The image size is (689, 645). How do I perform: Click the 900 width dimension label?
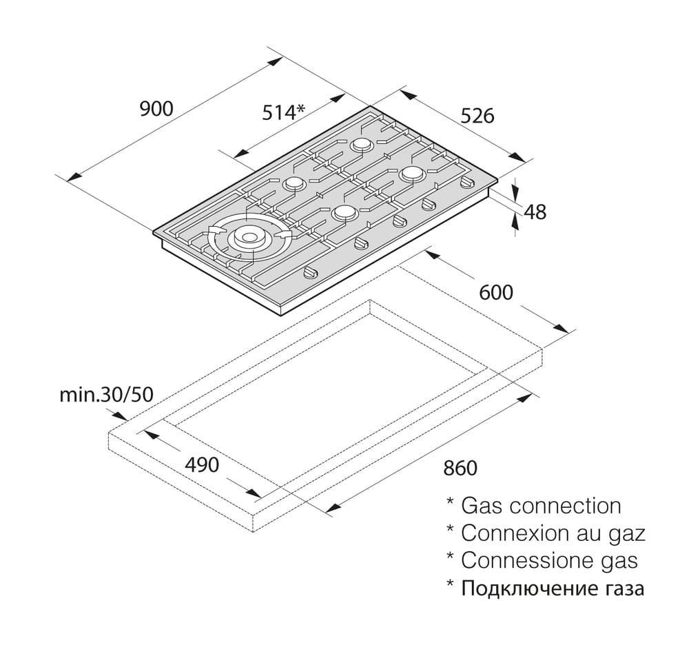156,108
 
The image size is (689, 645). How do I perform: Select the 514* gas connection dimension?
283,112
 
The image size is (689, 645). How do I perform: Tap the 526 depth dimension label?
477,116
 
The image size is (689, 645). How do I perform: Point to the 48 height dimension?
535,212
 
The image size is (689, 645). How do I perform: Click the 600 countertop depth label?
496,292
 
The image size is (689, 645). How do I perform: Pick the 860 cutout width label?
460,468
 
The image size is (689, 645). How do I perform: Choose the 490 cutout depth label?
202,465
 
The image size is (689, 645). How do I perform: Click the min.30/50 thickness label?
106,395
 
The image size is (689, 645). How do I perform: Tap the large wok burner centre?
247,237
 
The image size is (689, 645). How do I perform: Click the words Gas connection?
541,506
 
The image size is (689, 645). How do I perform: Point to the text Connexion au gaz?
553,533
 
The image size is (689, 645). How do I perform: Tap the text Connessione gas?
549,561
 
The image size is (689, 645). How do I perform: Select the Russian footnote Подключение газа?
553,588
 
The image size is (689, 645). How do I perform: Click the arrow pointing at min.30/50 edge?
118,416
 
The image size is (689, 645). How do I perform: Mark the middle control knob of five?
399,221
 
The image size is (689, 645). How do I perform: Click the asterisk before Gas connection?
450,502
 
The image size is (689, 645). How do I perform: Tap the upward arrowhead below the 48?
515,223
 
